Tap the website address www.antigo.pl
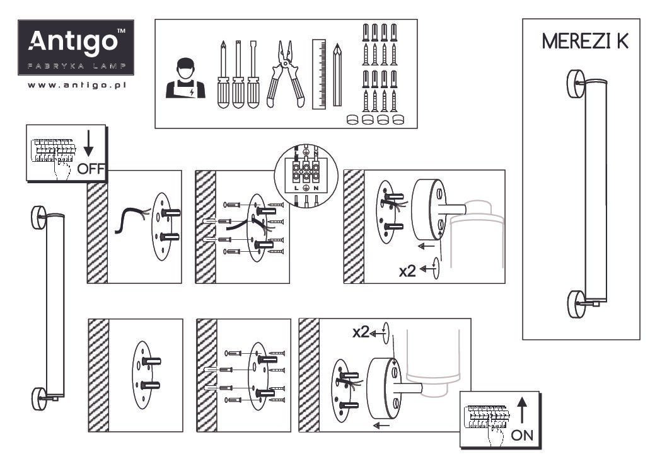click(x=77, y=86)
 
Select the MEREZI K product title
click(x=585, y=41)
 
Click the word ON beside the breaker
click(x=521, y=435)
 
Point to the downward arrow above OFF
click(x=88, y=143)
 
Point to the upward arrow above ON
click(x=523, y=410)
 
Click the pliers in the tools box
click(x=286, y=74)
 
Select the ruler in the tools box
click(x=318, y=74)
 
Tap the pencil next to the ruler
click(x=337, y=74)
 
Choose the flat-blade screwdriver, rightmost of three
click(x=253, y=74)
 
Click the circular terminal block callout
click(x=306, y=175)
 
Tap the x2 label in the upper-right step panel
click(x=407, y=271)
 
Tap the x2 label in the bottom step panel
click(x=361, y=332)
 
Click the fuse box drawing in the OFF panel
click(x=53, y=152)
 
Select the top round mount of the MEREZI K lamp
click(x=576, y=84)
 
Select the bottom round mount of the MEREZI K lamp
click(x=576, y=304)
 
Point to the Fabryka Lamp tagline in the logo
click(x=77, y=66)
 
